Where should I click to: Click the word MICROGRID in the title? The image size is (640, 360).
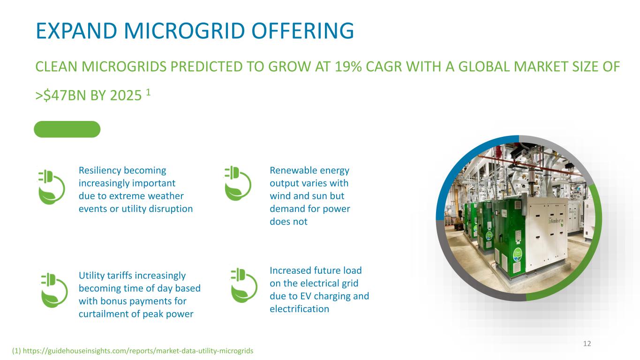[x=185, y=31]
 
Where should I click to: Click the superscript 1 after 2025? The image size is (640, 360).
[x=148, y=92]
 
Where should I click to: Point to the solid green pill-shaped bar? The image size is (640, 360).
[x=67, y=129]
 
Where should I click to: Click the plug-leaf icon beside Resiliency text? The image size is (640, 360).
[x=52, y=187]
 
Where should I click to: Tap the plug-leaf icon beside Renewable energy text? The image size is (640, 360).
[x=238, y=183]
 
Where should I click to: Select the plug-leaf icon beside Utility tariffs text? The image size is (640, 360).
[x=54, y=290]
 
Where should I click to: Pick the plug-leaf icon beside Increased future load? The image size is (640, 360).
[x=244, y=285]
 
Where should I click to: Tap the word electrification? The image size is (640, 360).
[x=300, y=309]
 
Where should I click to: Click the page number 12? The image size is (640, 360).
[x=587, y=344]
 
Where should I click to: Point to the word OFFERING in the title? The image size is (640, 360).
[x=303, y=31]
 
